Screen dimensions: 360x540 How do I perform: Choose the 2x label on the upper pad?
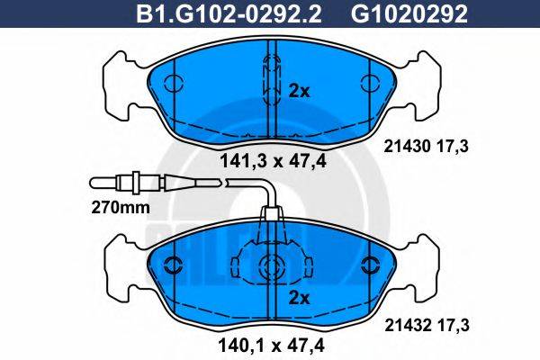[x=300, y=90]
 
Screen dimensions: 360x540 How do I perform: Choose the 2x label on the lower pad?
[x=300, y=297]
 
